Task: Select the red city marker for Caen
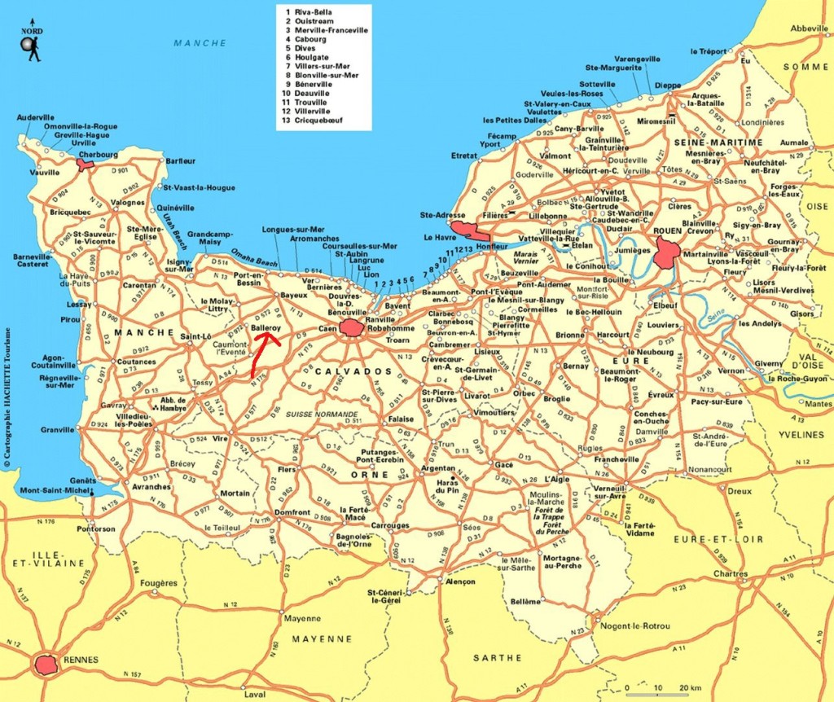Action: pos(353,328)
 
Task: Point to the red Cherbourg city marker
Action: pos(85,164)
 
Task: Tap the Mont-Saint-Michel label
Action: pos(55,490)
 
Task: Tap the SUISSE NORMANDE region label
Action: pos(321,415)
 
